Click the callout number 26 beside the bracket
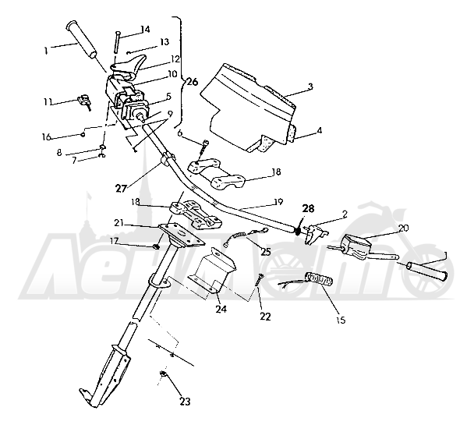point(192,82)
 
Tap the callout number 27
point(121,189)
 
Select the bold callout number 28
point(308,208)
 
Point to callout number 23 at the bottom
point(185,402)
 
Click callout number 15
point(341,321)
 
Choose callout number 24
point(221,309)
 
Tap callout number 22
point(265,317)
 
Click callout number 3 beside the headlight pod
point(310,87)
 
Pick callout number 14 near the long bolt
point(145,29)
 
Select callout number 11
point(48,101)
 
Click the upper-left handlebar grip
point(82,39)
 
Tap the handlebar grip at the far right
point(426,271)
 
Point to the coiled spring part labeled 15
point(319,279)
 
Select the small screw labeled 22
point(259,281)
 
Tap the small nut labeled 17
point(156,246)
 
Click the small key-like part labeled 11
point(84,101)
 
